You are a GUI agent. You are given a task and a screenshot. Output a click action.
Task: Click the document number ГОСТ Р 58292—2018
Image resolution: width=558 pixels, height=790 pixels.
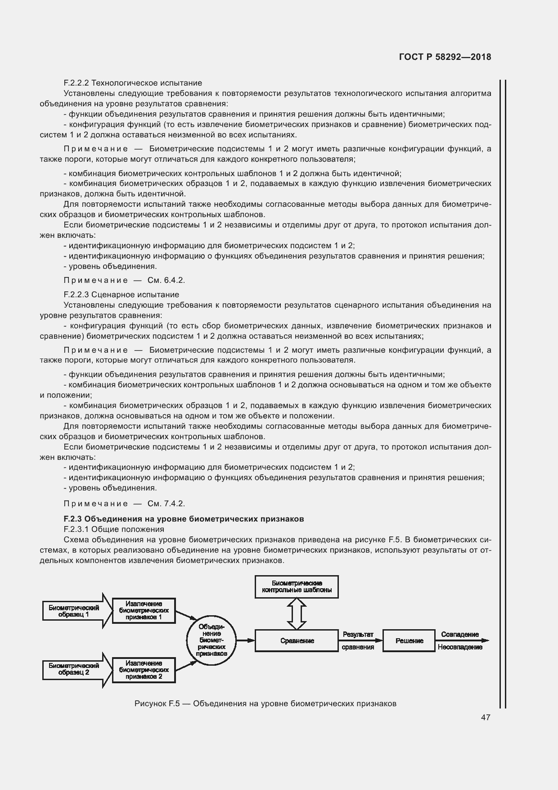click(x=445, y=57)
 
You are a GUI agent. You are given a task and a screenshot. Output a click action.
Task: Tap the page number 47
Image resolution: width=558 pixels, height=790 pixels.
click(x=485, y=717)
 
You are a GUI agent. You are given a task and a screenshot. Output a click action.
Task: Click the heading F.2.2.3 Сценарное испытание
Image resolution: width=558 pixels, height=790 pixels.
click(x=121, y=295)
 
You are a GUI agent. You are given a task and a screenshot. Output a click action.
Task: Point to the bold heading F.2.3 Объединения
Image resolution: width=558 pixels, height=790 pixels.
click(x=184, y=519)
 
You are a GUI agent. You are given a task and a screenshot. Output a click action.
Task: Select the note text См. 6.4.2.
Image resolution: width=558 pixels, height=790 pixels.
click(x=166, y=280)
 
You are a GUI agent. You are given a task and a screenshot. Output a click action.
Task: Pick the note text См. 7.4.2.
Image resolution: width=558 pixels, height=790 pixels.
click(x=166, y=504)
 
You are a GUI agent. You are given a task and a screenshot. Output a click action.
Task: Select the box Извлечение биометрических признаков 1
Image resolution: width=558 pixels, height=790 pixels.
click(x=144, y=611)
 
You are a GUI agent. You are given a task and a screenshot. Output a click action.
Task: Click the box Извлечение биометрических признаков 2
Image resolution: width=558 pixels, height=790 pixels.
click(x=144, y=670)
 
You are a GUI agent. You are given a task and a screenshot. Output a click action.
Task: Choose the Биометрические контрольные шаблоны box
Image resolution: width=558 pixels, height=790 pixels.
click(x=297, y=586)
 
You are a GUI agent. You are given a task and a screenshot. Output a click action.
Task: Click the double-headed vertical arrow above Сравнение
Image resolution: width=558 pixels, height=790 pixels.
click(x=297, y=613)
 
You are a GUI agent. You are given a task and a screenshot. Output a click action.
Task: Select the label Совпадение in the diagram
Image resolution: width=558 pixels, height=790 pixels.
click(x=459, y=634)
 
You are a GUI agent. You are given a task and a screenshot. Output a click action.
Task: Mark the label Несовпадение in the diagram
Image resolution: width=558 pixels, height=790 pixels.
click(x=459, y=647)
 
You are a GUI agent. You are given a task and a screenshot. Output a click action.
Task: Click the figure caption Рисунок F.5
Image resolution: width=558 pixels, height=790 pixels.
click(x=265, y=704)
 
